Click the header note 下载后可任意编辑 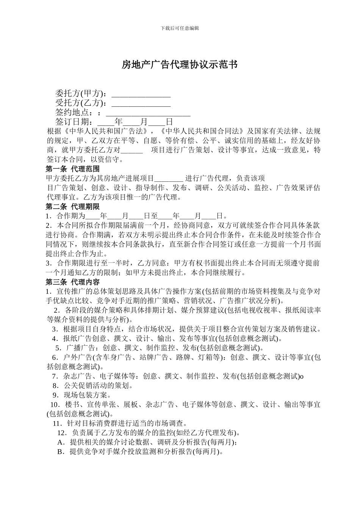(x=180, y=28)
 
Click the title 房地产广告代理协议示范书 (x=180, y=65)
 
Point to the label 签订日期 (x=74, y=122)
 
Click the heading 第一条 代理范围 (x=73, y=169)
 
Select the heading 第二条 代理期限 (x=73, y=206)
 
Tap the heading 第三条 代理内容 (x=73, y=282)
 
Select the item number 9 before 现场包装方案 (x=55, y=395)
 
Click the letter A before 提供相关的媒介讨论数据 (x=60, y=442)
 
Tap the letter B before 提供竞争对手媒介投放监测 (x=60, y=451)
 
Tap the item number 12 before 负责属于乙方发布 (x=62, y=432)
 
